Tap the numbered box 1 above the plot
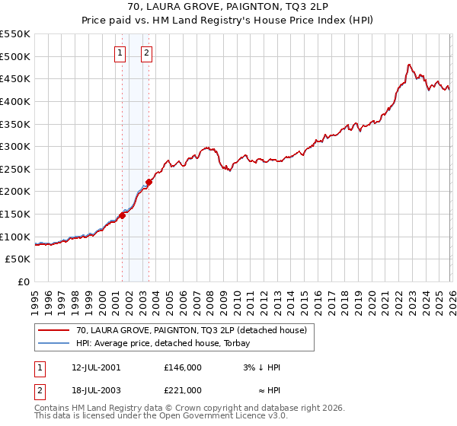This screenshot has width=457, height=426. pyautogui.click(x=120, y=53)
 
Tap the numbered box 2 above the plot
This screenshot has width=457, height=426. pyautogui.click(x=146, y=53)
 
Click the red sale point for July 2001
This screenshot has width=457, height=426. pyautogui.click(x=122, y=216)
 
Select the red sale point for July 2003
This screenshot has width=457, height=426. pyautogui.click(x=149, y=182)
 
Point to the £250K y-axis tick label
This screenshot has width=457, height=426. pyautogui.click(x=15, y=169)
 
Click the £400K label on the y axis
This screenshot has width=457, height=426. pyautogui.click(x=15, y=101)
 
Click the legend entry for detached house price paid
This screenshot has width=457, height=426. pyautogui.click(x=191, y=330)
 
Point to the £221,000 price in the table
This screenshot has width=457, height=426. pyautogui.click(x=183, y=390)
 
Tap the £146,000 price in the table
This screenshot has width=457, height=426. pyautogui.click(x=183, y=367)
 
